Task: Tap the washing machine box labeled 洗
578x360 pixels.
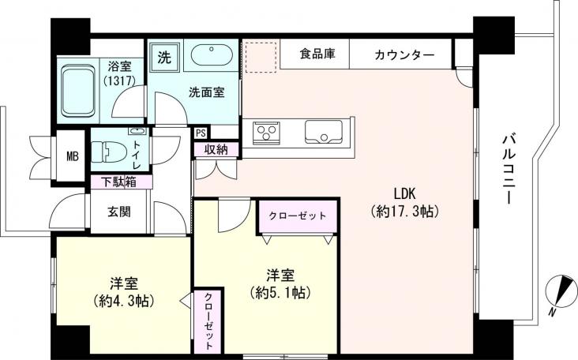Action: [164, 57]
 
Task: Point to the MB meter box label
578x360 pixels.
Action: [72, 155]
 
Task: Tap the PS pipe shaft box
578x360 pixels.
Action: [201, 133]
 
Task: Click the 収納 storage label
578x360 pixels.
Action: [216, 150]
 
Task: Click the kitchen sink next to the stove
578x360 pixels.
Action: [324, 133]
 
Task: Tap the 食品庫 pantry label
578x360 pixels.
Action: [317, 54]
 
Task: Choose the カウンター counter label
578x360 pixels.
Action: [403, 54]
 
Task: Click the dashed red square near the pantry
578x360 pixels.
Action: [259, 57]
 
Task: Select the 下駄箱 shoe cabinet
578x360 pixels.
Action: [120, 182]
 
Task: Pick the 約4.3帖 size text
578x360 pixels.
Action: [122, 301]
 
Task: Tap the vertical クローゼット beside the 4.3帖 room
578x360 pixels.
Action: [208, 320]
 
